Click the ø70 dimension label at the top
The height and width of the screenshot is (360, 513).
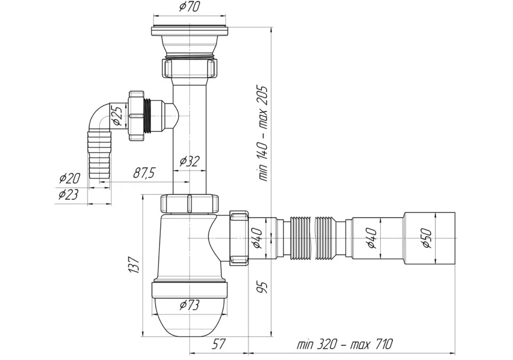click(x=190, y=7)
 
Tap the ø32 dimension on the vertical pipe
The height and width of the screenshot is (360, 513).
click(x=189, y=161)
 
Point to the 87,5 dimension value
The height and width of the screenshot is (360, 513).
click(x=144, y=173)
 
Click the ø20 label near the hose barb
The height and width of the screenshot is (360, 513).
click(x=70, y=178)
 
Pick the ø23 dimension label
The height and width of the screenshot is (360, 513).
click(x=69, y=194)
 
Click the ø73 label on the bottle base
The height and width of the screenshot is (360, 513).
click(x=189, y=305)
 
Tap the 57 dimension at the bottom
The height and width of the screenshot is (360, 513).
click(x=219, y=344)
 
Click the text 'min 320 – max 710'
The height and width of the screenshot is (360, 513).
click(x=345, y=344)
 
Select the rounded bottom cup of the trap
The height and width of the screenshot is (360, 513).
click(x=189, y=316)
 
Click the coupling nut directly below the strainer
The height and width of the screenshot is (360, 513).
click(x=189, y=68)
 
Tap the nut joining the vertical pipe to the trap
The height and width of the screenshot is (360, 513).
click(x=189, y=203)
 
